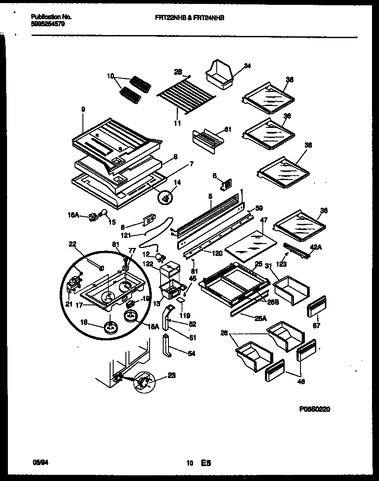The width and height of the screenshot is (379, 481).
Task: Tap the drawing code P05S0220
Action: [315, 409]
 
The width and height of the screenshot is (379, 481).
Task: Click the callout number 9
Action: [83, 109]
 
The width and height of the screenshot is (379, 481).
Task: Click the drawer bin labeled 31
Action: [291, 290]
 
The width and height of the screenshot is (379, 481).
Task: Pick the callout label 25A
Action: [261, 318]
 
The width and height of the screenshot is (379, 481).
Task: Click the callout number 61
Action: [227, 129]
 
